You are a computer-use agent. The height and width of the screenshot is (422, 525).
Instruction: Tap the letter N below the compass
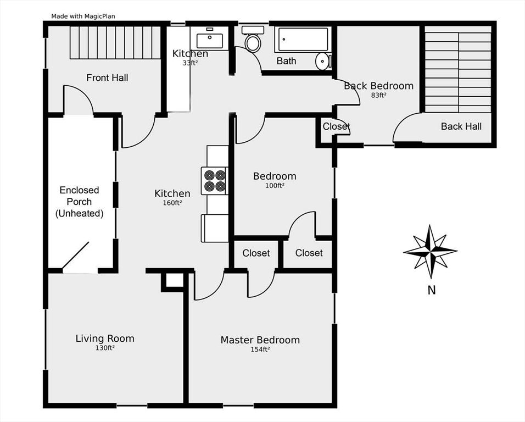[x=432, y=290]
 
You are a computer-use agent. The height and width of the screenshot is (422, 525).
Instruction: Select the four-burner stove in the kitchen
[x=215, y=181]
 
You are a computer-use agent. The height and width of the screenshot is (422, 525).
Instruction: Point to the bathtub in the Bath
[x=303, y=40]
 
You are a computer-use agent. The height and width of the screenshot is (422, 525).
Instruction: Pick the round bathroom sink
[x=323, y=61]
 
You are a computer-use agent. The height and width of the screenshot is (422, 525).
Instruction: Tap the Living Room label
[x=105, y=338]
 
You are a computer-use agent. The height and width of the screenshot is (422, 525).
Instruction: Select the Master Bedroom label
[x=260, y=340]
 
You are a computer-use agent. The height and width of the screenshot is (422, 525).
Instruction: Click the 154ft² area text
[x=260, y=349]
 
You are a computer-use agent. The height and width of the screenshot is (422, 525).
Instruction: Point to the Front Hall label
[x=107, y=78]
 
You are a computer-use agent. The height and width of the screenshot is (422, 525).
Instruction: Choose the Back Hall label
[x=461, y=126]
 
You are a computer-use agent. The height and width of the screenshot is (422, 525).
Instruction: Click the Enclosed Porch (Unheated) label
[x=80, y=202]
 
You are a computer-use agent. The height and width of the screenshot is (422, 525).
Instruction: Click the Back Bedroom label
[x=378, y=86]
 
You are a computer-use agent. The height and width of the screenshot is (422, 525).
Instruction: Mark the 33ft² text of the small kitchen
[x=190, y=63]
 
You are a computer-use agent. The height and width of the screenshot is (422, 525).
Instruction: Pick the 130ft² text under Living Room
[x=105, y=348]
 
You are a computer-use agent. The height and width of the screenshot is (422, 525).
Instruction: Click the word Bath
[x=286, y=61]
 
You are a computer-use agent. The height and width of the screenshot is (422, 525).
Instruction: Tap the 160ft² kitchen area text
[x=172, y=203]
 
